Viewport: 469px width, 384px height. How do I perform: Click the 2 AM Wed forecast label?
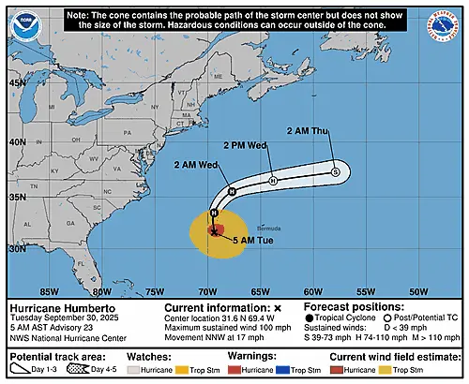click(x=196, y=165)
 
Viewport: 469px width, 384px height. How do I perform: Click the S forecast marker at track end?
click(x=335, y=171)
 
